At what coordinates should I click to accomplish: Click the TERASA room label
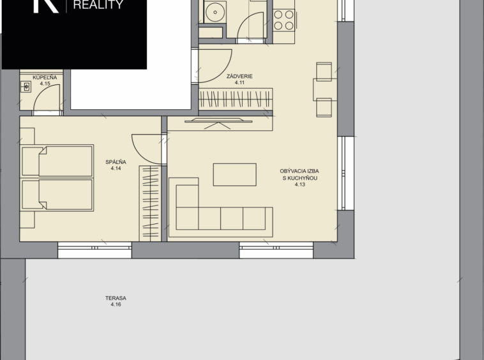tap(116, 298)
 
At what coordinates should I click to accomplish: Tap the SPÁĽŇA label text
tap(116, 162)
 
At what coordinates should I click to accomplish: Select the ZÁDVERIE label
tap(239, 76)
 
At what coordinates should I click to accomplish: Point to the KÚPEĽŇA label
tap(45, 77)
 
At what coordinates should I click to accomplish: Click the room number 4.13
tap(299, 184)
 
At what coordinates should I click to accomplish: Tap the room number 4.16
tap(116, 304)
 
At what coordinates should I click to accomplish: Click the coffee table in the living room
tap(234, 175)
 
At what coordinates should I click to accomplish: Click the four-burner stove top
tap(284, 20)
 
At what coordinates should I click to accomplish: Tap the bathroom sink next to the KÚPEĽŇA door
tap(26, 87)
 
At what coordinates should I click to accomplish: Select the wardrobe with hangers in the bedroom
tap(150, 204)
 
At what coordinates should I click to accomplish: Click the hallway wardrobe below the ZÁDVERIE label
tap(236, 100)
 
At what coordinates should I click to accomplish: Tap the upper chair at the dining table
tap(324, 71)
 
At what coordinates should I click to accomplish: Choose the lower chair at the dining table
tap(324, 107)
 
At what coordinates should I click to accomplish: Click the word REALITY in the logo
tap(98, 4)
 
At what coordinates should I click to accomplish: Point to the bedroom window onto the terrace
tap(95, 250)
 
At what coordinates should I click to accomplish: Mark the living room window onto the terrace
tap(276, 250)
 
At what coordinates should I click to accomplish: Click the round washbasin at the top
tap(215, 12)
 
